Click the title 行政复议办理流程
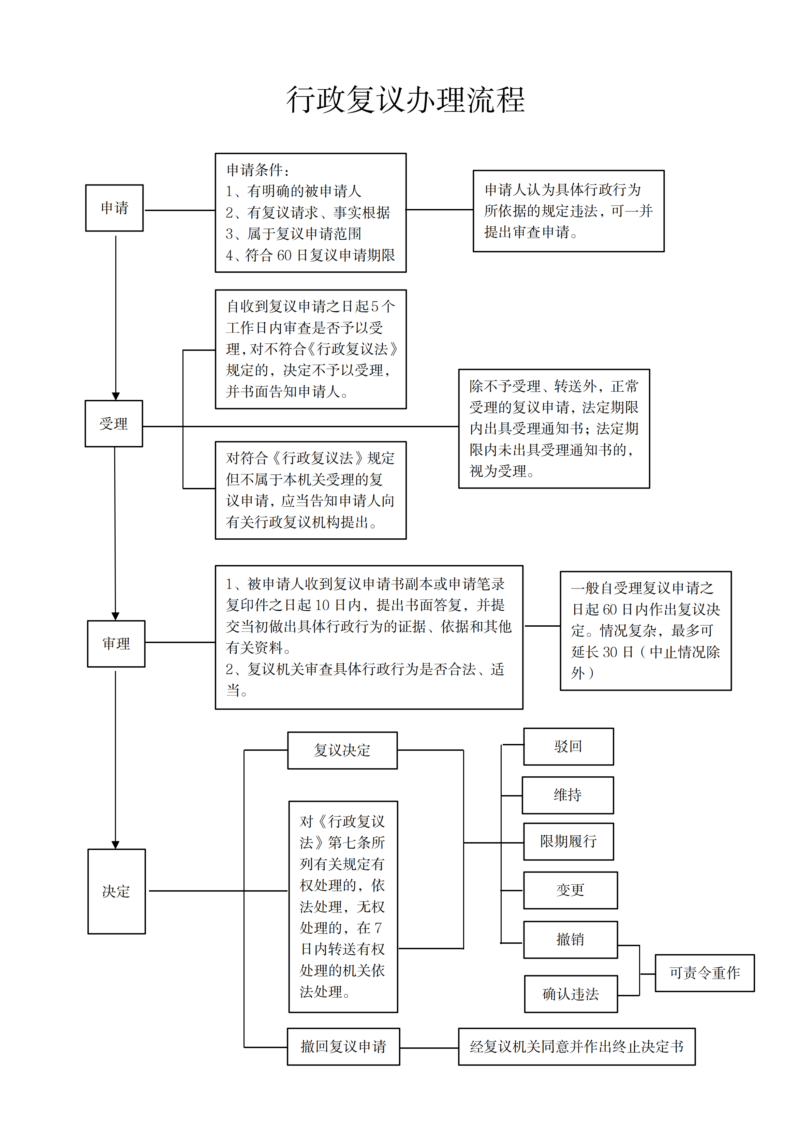pyautogui.click(x=405, y=100)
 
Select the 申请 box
pyautogui.click(x=115, y=208)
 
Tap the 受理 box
pyautogui.click(x=114, y=423)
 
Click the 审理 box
pyautogui.click(x=116, y=643)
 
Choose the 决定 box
pyautogui.click(x=117, y=891)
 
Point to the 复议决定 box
pyautogui.click(x=342, y=750)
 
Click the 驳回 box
pyautogui.click(x=569, y=746)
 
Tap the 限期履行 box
pyautogui.click(x=569, y=841)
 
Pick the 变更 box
pyautogui.click(x=571, y=890)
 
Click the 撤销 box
pyautogui.click(x=571, y=939)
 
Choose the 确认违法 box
pyautogui.click(x=571, y=994)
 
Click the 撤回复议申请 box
pyautogui.click(x=343, y=1046)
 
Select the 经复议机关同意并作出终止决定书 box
pyautogui.click(x=576, y=1046)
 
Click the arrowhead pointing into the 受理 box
pyautogui.click(x=116, y=396)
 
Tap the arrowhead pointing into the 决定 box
pyautogui.click(x=116, y=845)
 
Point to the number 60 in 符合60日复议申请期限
pyautogui.click(x=284, y=255)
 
